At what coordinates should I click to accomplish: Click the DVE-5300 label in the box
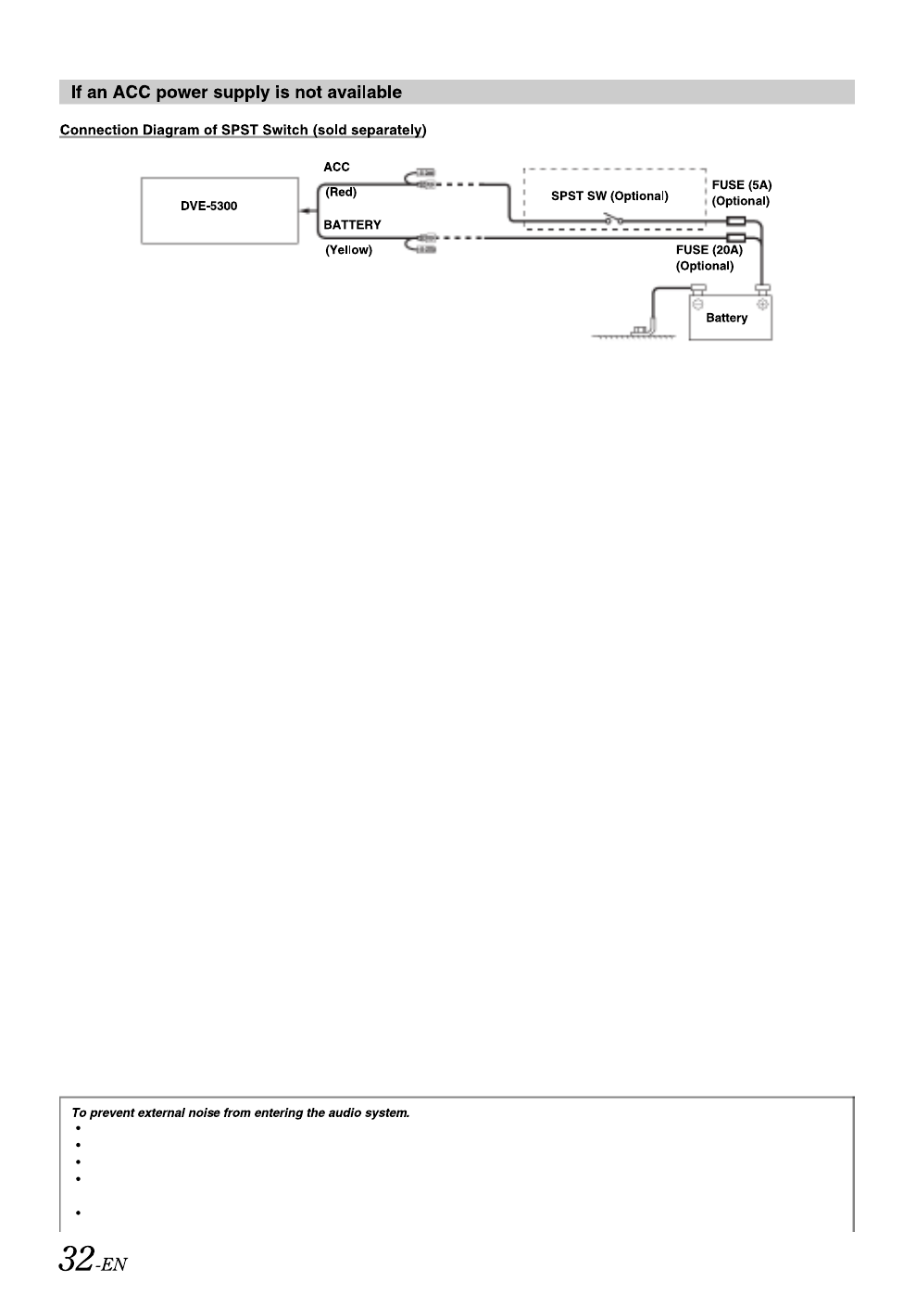pyautogui.click(x=208, y=207)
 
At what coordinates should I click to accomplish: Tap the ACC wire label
pyautogui.click(x=337, y=167)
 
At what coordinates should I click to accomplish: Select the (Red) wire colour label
pyautogui.click(x=341, y=192)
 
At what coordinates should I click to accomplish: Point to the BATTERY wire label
pyautogui.click(x=352, y=225)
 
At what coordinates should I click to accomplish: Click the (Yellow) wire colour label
pyautogui.click(x=349, y=250)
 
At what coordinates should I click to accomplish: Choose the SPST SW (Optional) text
pyautogui.click(x=609, y=195)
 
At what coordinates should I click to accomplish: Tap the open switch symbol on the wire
pyautogui.click(x=613, y=219)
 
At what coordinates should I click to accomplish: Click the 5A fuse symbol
pyautogui.click(x=735, y=220)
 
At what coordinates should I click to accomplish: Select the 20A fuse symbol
pyautogui.click(x=735, y=237)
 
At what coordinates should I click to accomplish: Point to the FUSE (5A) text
pyautogui.click(x=742, y=185)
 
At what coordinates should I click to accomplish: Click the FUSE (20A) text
pyautogui.click(x=709, y=249)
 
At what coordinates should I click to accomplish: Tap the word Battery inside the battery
pyautogui.click(x=726, y=318)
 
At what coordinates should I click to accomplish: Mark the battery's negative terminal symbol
pyautogui.click(x=697, y=304)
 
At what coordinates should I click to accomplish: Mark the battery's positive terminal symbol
pyautogui.click(x=762, y=304)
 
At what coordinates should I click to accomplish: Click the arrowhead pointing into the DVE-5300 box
pyautogui.click(x=305, y=211)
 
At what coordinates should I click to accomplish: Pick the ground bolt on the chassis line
pyautogui.click(x=640, y=331)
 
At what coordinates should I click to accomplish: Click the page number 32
pyautogui.click(x=76, y=1258)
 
